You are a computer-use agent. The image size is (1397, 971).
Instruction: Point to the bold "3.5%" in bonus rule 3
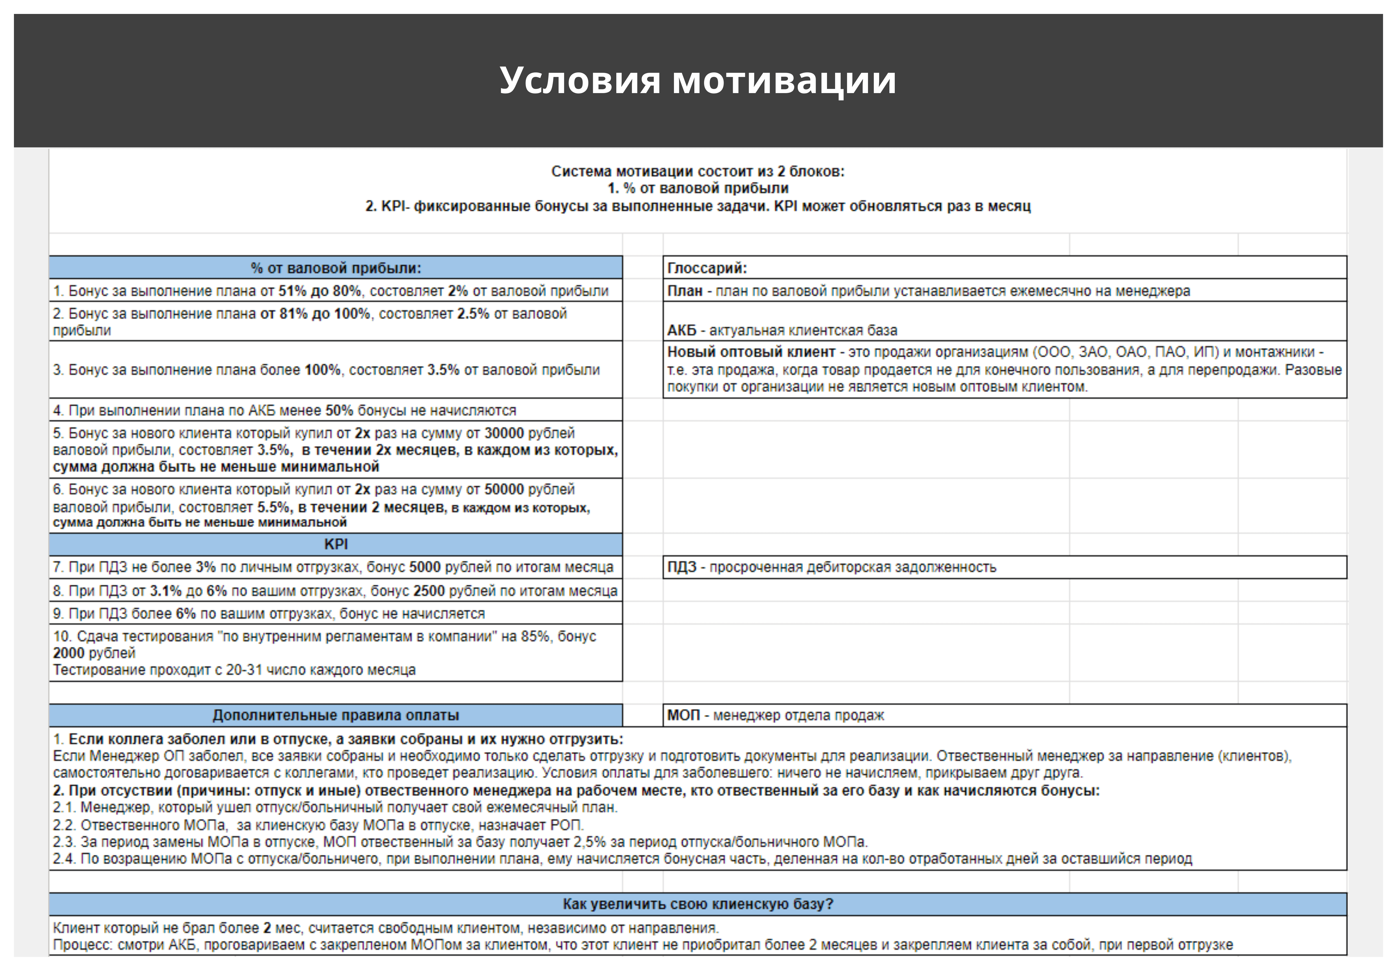(x=443, y=370)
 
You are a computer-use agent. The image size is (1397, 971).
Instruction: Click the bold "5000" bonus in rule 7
(x=425, y=567)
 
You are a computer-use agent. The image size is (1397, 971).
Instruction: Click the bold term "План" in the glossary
(x=685, y=291)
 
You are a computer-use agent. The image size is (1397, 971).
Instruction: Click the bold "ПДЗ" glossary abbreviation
(x=681, y=567)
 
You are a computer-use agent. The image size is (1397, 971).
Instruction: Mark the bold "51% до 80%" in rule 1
(x=319, y=291)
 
